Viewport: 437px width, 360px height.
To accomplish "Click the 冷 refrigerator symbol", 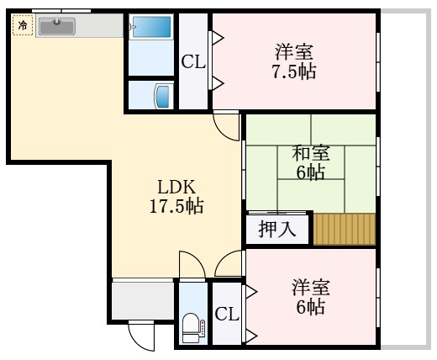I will click(23, 25).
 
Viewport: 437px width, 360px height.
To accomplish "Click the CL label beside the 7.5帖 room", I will click(192, 61).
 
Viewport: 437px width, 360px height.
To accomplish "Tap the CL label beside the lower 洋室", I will click(227, 315).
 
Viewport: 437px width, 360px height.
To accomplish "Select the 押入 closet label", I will click(276, 230).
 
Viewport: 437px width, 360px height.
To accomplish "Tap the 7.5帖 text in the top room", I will click(294, 71).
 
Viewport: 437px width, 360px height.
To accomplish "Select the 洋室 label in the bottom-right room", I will click(310, 287).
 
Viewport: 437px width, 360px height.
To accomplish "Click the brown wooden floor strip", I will click(345, 229).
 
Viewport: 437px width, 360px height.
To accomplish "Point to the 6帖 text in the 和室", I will click(310, 173).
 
